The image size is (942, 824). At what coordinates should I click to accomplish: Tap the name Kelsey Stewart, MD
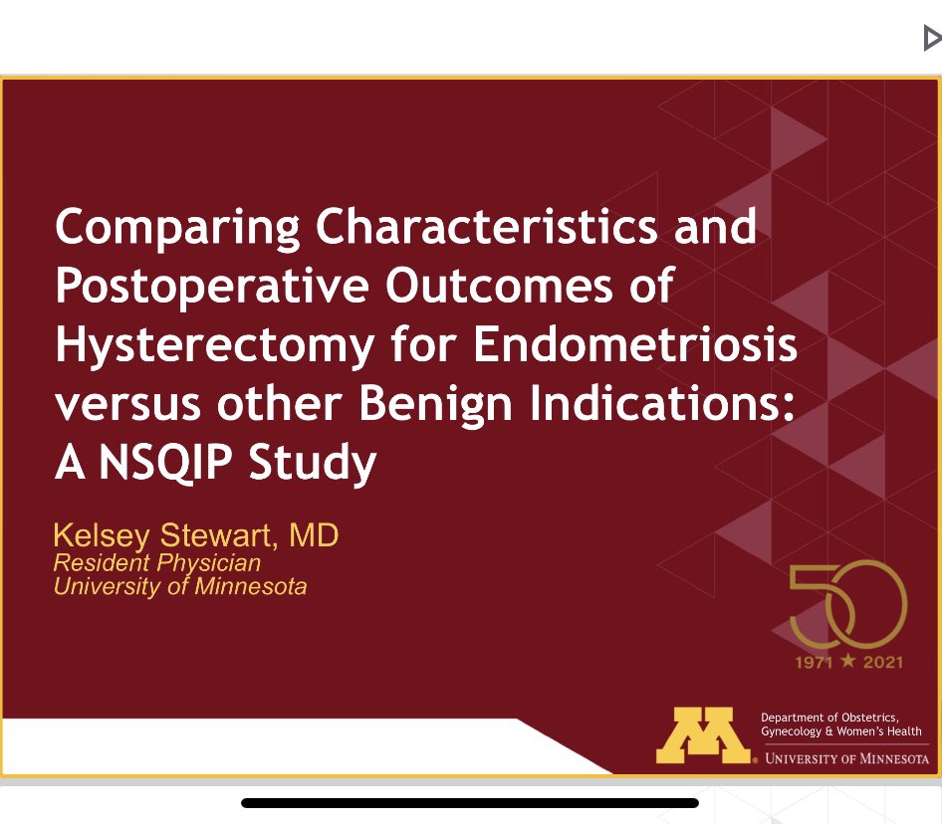[196, 536]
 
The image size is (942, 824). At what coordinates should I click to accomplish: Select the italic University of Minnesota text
[180, 586]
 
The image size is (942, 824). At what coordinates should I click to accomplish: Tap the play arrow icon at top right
[932, 39]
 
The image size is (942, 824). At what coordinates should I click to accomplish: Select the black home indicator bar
[470, 802]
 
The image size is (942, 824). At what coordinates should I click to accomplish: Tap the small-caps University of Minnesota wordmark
[844, 758]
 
